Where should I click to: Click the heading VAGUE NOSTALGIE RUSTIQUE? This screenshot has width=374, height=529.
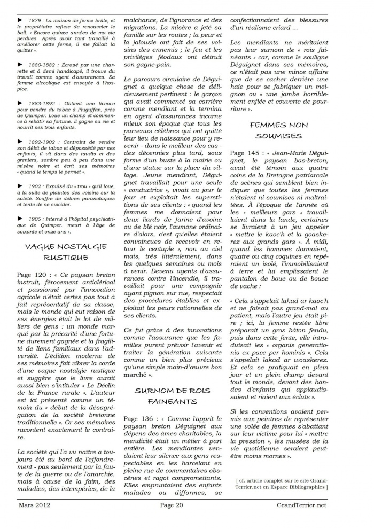point(66,252)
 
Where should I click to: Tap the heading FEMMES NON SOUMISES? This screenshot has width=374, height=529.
point(278,130)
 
